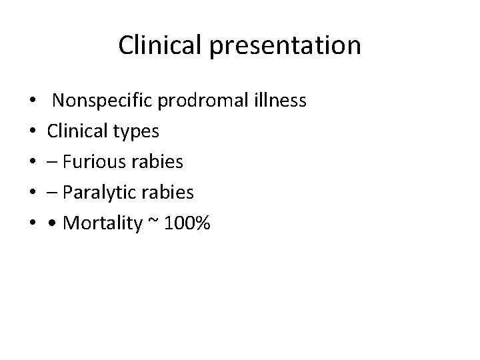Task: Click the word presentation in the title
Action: click(x=295, y=46)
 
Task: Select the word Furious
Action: click(x=95, y=162)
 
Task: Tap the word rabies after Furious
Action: click(x=159, y=162)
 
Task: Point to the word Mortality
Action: click(x=102, y=224)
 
